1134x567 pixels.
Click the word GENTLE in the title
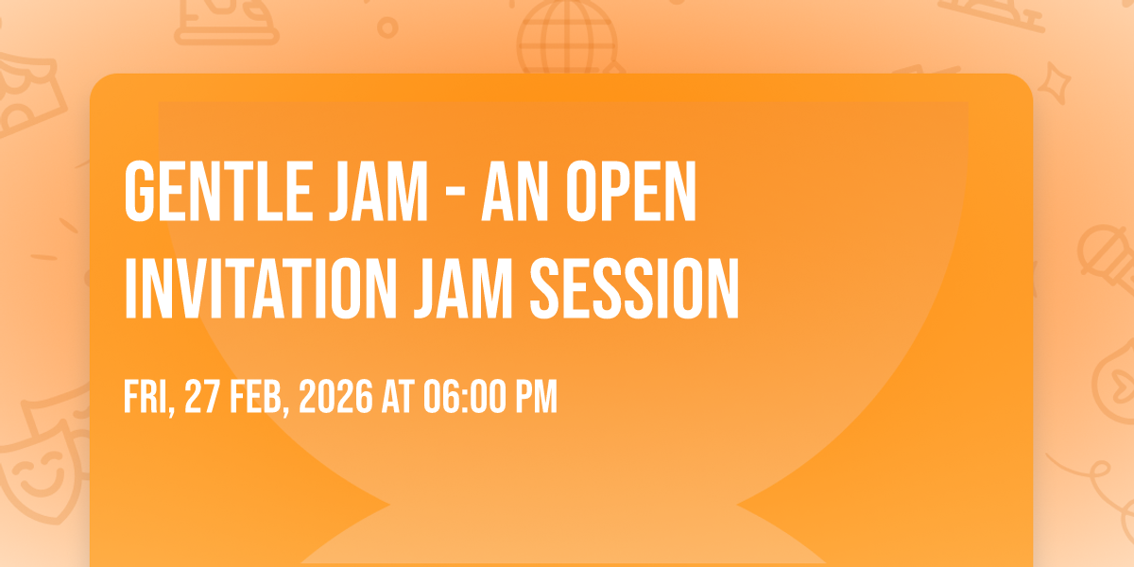coord(218,191)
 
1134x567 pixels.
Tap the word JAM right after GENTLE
coord(378,191)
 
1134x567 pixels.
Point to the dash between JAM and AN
coord(455,194)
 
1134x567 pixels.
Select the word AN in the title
coord(515,191)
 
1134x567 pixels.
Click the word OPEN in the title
coord(631,191)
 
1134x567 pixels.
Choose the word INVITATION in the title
coord(261,288)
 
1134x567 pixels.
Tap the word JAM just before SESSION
coord(463,288)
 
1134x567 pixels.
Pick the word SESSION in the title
coord(634,288)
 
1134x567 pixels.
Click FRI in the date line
coord(148,397)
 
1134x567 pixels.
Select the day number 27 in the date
coord(202,396)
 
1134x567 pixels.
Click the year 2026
coord(335,396)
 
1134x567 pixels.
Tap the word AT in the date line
coord(398,396)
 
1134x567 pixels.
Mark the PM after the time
coord(536,396)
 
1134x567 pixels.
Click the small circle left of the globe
coord(387,27)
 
